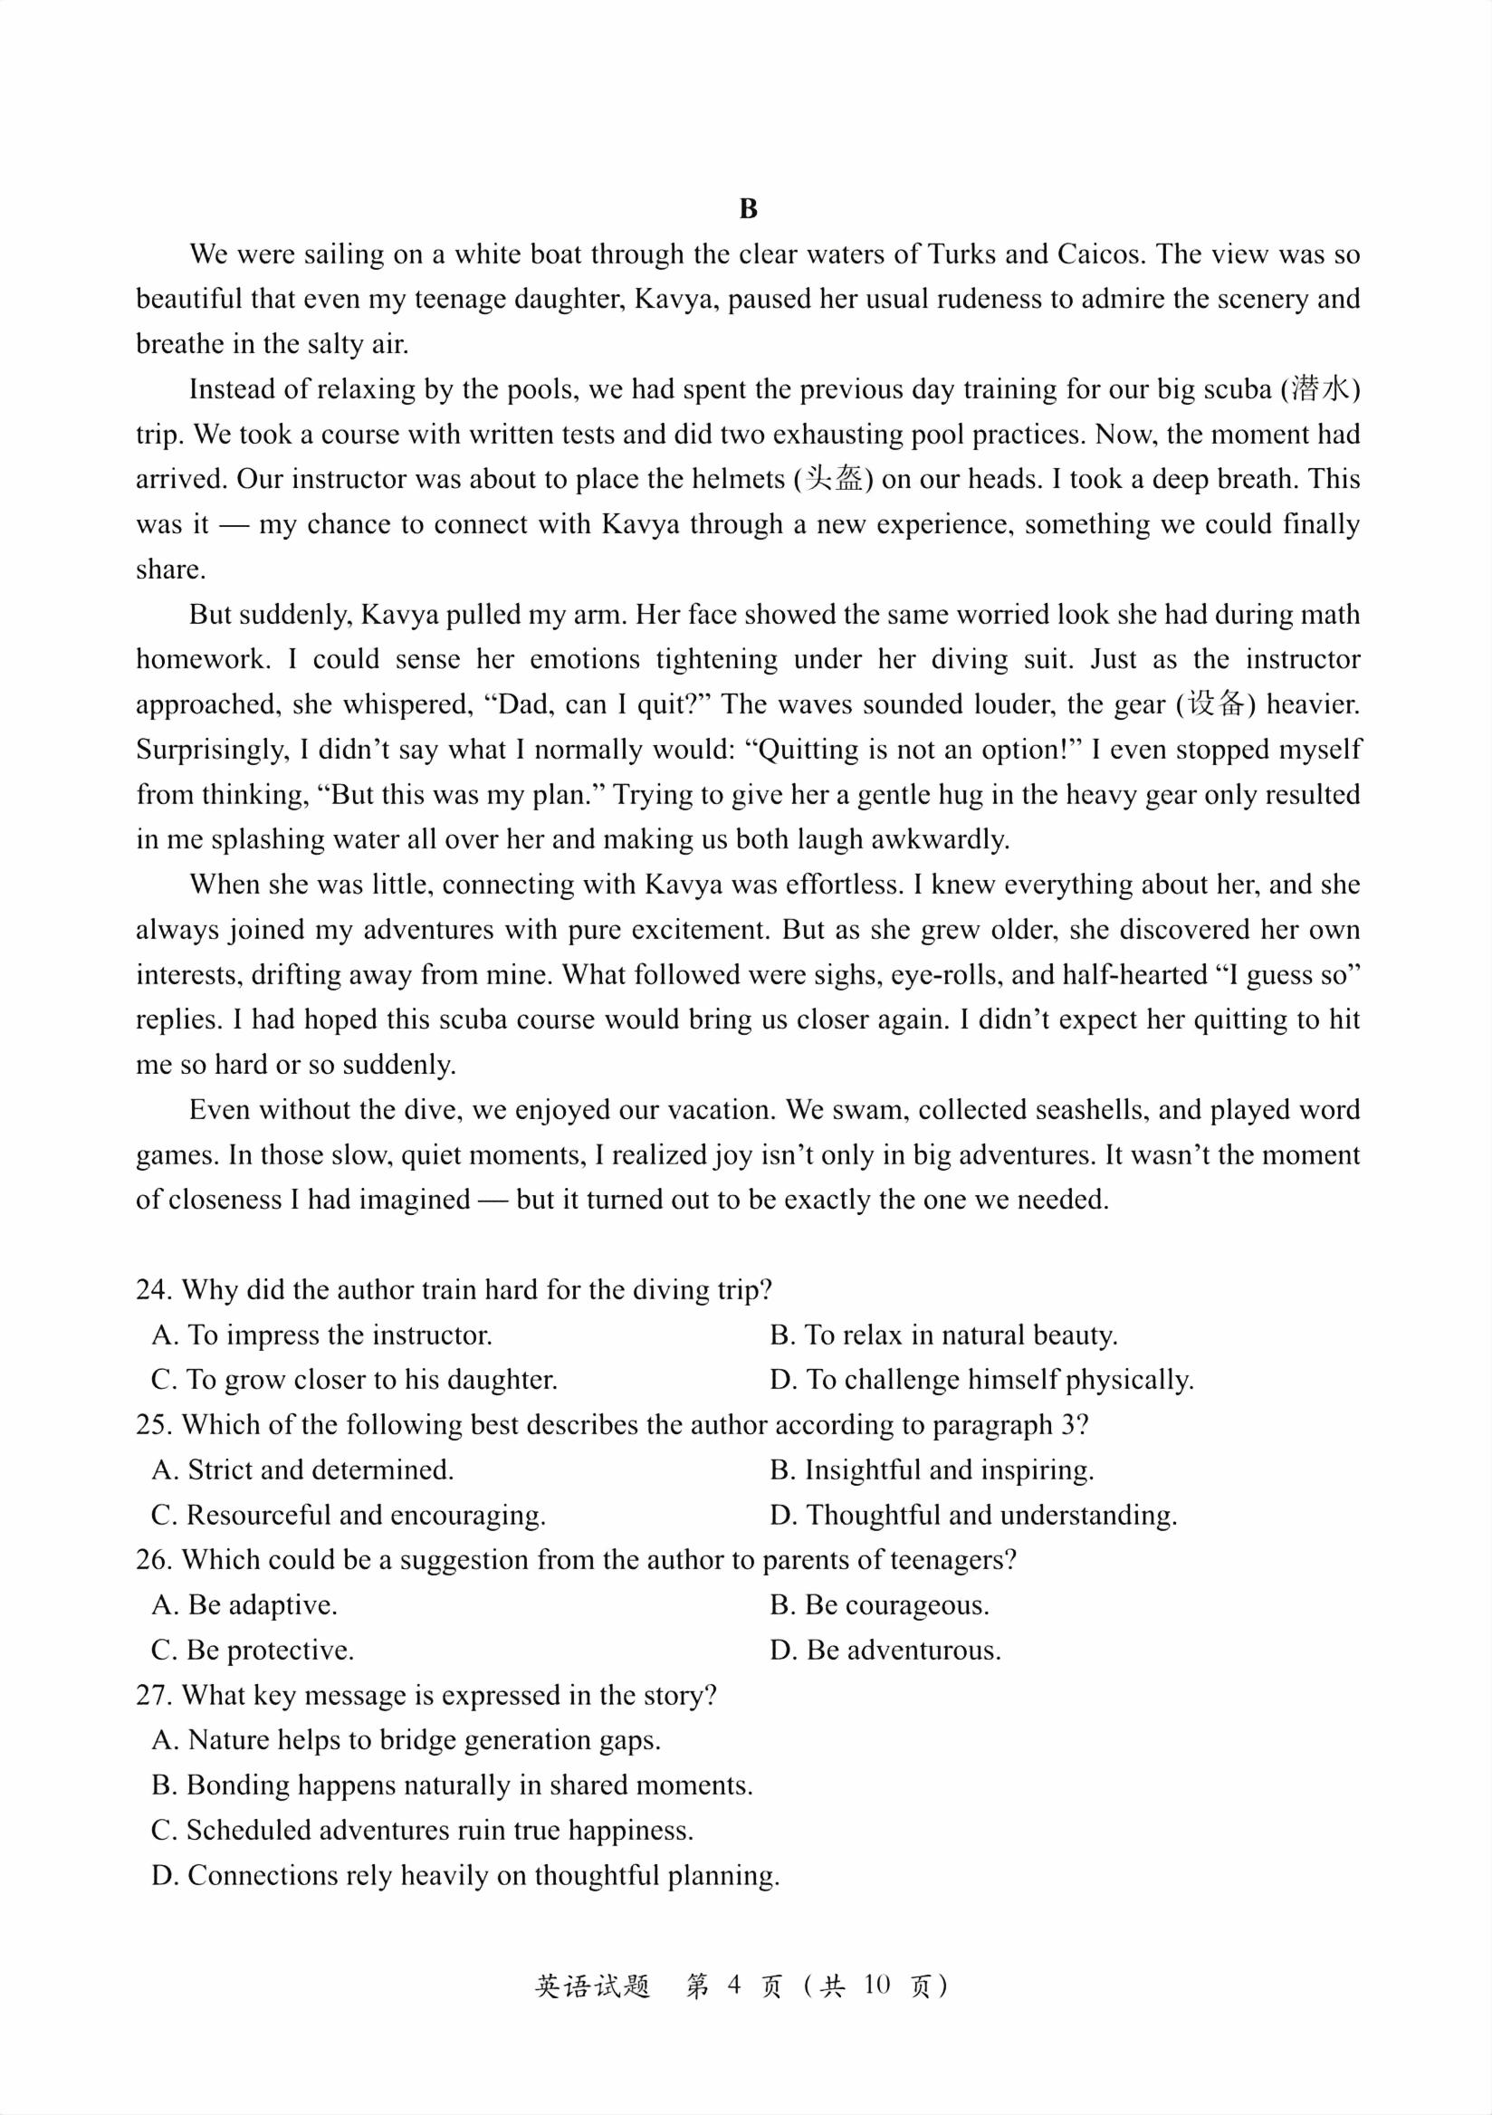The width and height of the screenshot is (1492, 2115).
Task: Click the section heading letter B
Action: tap(748, 209)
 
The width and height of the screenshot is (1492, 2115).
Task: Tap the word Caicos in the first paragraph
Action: tap(1098, 254)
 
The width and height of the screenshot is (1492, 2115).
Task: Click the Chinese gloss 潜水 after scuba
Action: tap(1320, 388)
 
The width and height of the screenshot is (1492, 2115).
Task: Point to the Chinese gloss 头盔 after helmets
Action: tap(834, 479)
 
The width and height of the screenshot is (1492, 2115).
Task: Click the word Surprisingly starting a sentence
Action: tap(214, 750)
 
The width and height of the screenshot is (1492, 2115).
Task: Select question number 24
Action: tap(155, 1290)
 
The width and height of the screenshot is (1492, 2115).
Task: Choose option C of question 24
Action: tap(355, 1380)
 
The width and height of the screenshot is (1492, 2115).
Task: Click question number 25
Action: tap(155, 1425)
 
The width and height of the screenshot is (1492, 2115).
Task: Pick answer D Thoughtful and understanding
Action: tap(973, 1516)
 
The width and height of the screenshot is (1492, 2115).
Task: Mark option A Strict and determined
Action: tap(303, 1470)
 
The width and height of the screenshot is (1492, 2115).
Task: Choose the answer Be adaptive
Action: tap(245, 1605)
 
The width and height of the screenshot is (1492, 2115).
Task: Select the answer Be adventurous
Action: tap(885, 1651)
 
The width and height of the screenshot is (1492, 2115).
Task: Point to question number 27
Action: tap(155, 1696)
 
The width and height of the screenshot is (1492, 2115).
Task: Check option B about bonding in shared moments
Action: tap(452, 1786)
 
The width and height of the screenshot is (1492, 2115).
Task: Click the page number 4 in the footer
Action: tap(733, 1986)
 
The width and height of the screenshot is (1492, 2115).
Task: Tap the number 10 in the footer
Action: tap(876, 1986)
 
